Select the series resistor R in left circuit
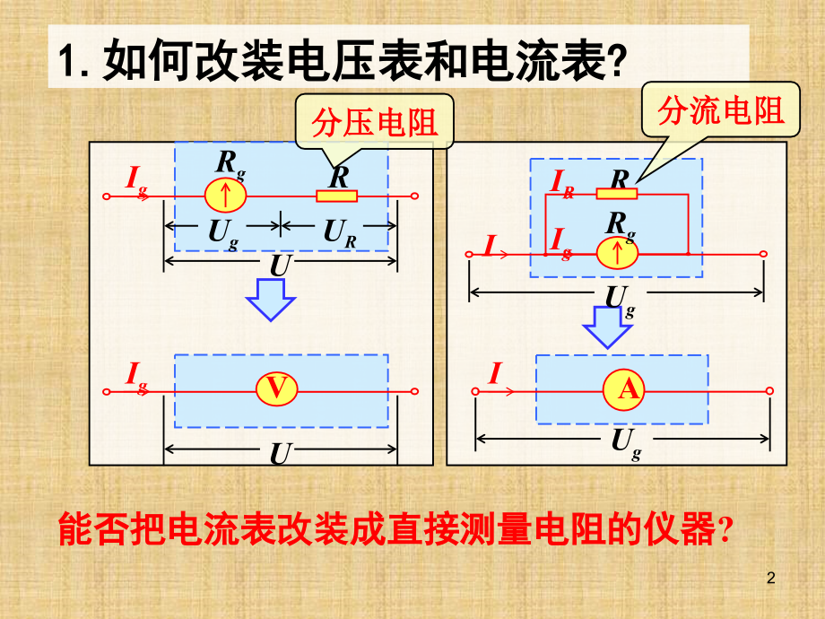coord(337,196)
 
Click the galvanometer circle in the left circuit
coord(225,196)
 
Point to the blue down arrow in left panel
coord(271,298)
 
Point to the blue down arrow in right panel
coord(607,326)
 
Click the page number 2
coord(773,580)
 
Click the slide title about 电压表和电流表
coord(341,63)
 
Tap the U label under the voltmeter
coord(280,455)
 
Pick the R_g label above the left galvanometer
coord(229,163)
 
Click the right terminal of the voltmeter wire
coord(414,390)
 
